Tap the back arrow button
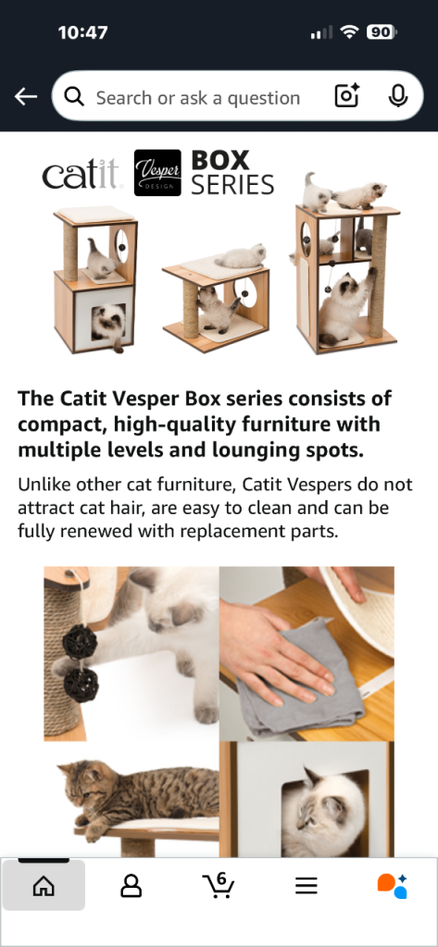pyautogui.click(x=26, y=96)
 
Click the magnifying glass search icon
pyautogui.click(x=74, y=96)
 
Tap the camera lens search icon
pyautogui.click(x=347, y=96)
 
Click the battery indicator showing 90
pyautogui.click(x=382, y=32)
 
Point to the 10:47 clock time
pyautogui.click(x=83, y=32)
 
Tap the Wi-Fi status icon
pyautogui.click(x=350, y=32)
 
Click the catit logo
pyautogui.click(x=82, y=174)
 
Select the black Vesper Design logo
pyautogui.click(x=157, y=173)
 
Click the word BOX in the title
pyautogui.click(x=220, y=160)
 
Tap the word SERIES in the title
pyautogui.click(x=232, y=185)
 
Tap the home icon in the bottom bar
pyautogui.click(x=44, y=886)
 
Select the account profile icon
pyautogui.click(x=131, y=886)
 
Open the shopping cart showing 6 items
pyautogui.click(x=219, y=885)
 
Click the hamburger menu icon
pyautogui.click(x=307, y=886)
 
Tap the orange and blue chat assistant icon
pyautogui.click(x=392, y=886)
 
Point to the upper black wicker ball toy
pyautogui.click(x=80, y=642)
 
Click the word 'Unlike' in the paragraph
pyautogui.click(x=39, y=485)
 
